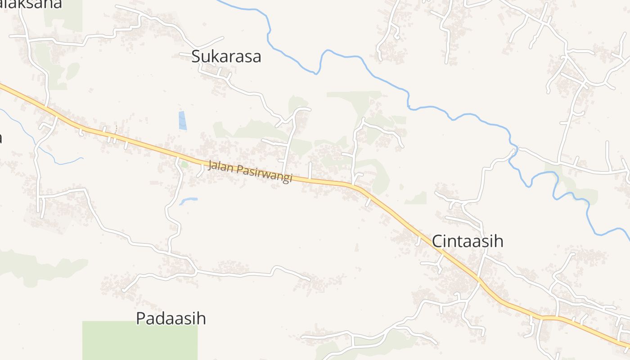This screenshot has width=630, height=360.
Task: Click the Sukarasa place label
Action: point(226,57)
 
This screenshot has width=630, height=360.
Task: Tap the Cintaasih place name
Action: point(467,241)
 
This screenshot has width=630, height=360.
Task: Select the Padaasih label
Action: point(171,318)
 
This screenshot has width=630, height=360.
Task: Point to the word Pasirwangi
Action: point(265,174)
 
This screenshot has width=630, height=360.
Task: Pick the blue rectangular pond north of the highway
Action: point(182,121)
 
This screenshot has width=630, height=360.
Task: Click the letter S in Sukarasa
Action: point(196,57)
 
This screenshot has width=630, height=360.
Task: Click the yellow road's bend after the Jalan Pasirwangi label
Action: point(358,187)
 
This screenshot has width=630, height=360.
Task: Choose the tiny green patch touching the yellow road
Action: point(184,164)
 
